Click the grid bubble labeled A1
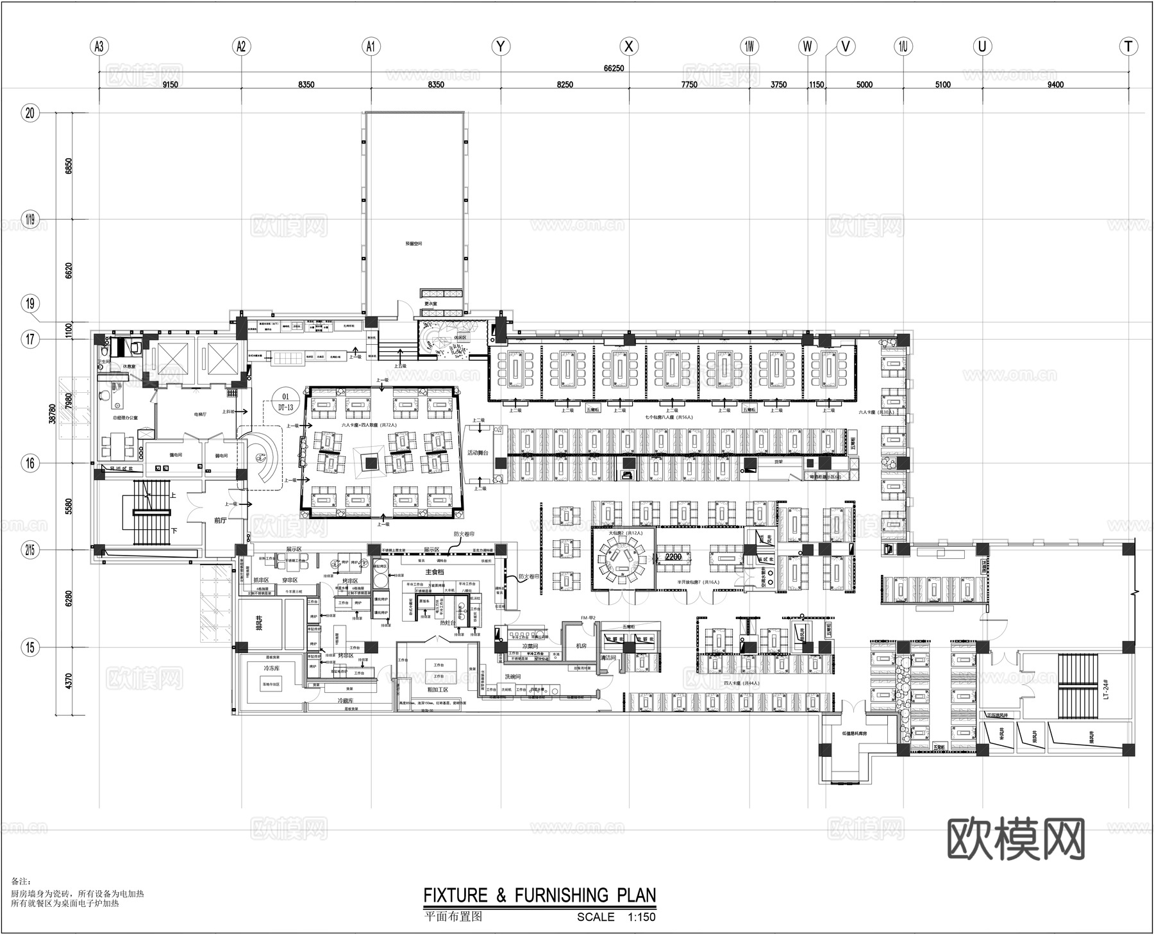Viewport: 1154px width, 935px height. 371,46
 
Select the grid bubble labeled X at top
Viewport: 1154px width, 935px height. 629,46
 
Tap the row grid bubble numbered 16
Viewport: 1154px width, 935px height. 30,463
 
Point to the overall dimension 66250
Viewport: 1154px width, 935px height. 614,69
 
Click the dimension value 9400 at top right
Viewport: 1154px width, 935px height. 1055,85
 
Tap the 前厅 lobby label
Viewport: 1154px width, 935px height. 220,520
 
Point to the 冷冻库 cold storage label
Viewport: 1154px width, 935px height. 270,668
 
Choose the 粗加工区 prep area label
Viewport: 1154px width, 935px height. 437,690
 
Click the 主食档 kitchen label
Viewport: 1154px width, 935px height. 434,572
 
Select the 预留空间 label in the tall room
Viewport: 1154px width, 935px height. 414,244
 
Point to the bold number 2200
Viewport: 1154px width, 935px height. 673,557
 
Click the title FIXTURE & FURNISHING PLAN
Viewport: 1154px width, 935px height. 539,895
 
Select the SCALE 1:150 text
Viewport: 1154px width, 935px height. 615,917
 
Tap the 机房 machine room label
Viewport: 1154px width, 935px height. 581,646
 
